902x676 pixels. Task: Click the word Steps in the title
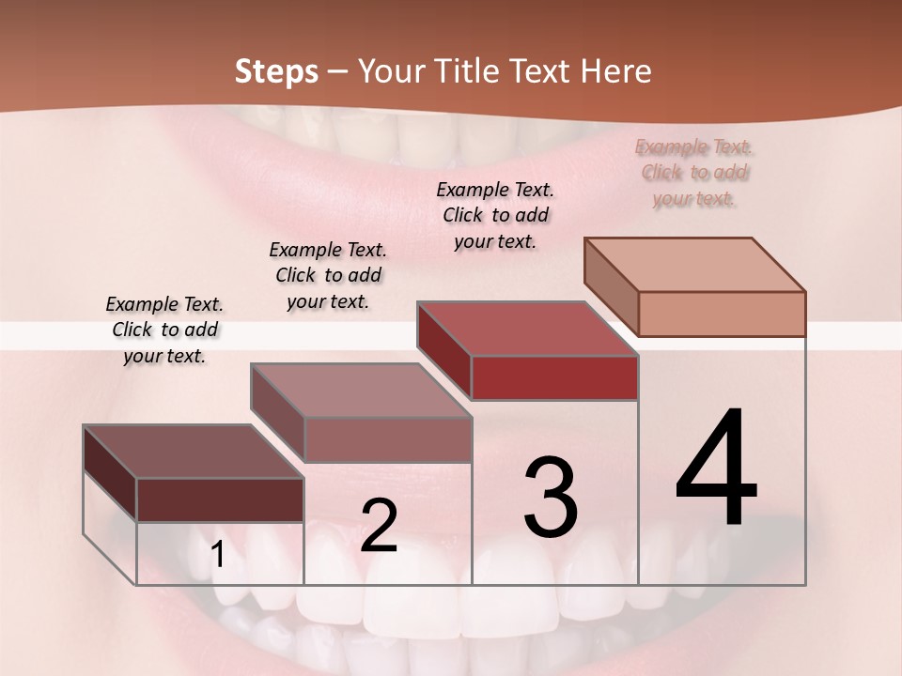[275, 71]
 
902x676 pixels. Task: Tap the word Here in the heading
[616, 71]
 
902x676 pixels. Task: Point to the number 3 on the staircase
[550, 497]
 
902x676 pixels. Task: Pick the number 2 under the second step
[379, 526]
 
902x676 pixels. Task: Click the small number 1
[218, 555]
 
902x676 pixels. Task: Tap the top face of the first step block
[194, 451]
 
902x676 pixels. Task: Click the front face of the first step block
[220, 499]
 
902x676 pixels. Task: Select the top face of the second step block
[361, 390]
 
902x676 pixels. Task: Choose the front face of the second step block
[388, 439]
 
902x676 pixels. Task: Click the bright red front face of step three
[554, 377]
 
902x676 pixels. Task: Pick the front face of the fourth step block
[722, 314]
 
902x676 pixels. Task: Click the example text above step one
[164, 330]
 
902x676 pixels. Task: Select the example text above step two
[328, 275]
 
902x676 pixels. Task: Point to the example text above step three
[495, 215]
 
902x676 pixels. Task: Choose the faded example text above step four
[694, 173]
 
